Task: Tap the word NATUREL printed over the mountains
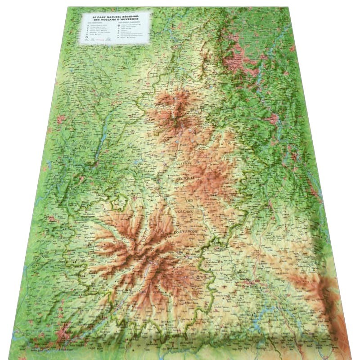(184, 162)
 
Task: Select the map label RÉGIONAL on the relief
(185, 178)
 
